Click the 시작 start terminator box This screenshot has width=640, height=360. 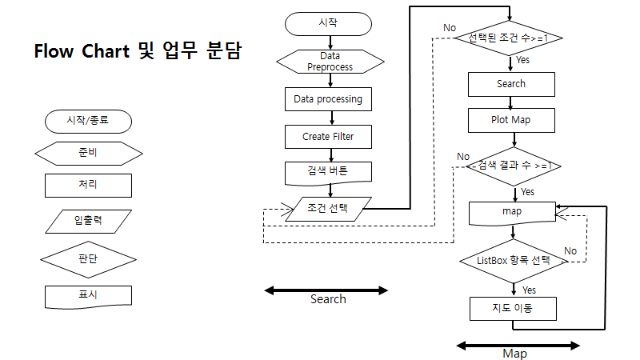point(328,23)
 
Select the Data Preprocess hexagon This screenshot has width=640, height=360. point(328,62)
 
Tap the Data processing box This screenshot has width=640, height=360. point(328,99)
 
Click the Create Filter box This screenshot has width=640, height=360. point(328,136)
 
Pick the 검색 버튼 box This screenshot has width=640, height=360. point(328,171)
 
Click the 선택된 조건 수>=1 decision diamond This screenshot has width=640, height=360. point(510,38)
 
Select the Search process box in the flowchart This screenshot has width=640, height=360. point(510,83)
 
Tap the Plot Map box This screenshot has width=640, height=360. point(510,120)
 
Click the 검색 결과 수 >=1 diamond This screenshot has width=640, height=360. point(510,166)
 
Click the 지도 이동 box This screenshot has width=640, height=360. point(512,309)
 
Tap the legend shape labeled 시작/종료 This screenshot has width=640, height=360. point(88,121)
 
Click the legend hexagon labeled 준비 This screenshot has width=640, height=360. point(88,153)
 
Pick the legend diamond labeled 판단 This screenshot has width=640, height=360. point(88,258)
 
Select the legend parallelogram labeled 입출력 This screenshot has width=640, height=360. point(88,220)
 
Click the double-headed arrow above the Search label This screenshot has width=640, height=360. point(326,290)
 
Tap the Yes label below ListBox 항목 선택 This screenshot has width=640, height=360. point(529,290)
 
